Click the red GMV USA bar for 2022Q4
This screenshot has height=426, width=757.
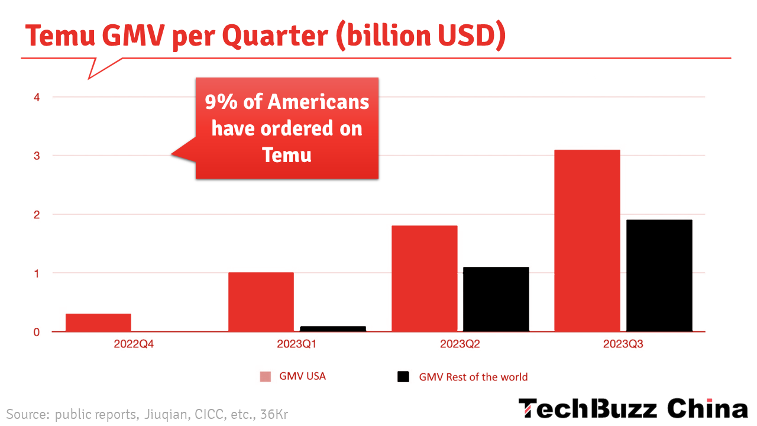click(98, 322)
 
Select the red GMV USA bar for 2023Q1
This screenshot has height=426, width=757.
click(261, 302)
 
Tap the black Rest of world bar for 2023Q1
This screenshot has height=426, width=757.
click(333, 329)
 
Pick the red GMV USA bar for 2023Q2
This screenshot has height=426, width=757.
click(425, 278)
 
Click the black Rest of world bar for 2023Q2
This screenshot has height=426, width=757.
click(496, 299)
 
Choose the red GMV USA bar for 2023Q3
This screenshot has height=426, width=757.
click(587, 241)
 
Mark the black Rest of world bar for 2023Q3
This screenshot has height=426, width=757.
click(659, 276)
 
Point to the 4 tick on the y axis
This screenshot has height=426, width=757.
click(37, 97)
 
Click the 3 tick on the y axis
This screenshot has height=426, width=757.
click(37, 156)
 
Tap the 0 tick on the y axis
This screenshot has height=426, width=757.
click(37, 332)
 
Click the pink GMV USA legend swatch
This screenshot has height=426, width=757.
click(266, 377)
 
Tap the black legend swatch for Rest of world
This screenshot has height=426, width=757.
click(403, 377)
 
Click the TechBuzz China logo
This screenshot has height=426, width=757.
click(633, 409)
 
